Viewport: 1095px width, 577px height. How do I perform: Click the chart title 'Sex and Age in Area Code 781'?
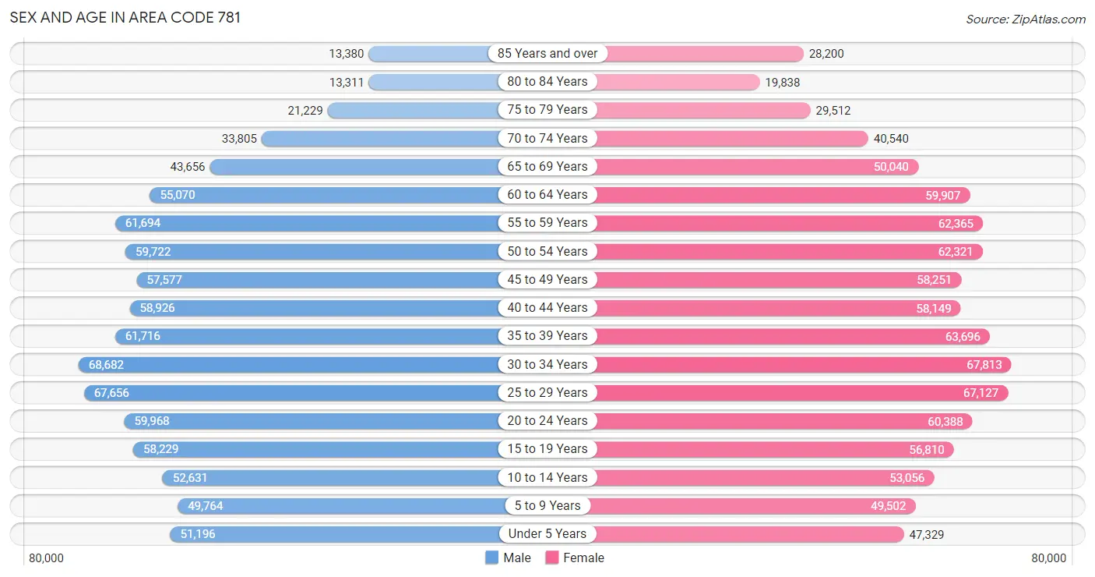point(125,18)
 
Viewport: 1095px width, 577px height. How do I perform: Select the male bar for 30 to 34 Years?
point(288,365)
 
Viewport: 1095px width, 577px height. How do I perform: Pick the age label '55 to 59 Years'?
point(547,223)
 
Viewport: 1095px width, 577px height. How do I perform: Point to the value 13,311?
point(347,82)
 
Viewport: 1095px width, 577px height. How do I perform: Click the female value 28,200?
point(826,54)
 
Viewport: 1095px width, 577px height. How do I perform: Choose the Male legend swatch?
point(491,558)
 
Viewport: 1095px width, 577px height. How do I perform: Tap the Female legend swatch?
point(552,558)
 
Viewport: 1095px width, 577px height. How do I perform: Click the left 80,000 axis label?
point(46,558)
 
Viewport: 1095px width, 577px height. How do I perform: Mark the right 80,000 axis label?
point(1048,558)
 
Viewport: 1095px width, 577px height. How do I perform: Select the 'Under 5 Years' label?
point(547,534)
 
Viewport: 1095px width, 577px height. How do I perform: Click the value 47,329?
point(926,534)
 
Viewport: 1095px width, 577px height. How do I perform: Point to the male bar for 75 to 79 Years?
point(413,110)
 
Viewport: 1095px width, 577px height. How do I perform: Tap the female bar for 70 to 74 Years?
point(732,139)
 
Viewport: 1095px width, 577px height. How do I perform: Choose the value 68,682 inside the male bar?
point(106,365)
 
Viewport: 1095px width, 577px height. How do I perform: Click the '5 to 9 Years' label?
point(547,505)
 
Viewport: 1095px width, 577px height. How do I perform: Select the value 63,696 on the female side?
point(963,337)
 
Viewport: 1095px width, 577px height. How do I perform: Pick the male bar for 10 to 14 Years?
point(330,478)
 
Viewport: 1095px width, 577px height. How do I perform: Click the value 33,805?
point(239,139)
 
